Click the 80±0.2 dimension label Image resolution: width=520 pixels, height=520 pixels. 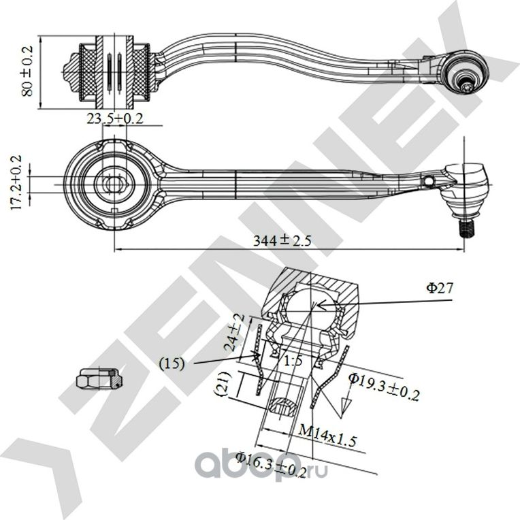click(28, 72)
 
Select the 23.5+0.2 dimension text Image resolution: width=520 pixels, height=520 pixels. click(114, 118)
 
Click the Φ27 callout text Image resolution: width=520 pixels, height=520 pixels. click(440, 288)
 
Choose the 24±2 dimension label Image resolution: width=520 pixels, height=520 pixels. click(233, 331)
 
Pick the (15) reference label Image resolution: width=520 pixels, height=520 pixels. click(173, 363)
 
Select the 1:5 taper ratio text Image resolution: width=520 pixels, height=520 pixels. click(293, 361)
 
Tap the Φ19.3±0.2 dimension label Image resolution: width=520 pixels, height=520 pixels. click(384, 385)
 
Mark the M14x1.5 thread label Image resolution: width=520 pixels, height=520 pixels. click(328, 434)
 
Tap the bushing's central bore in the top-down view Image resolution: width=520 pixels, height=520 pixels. click(114, 184)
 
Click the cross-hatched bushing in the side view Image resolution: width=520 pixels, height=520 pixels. click(114, 70)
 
